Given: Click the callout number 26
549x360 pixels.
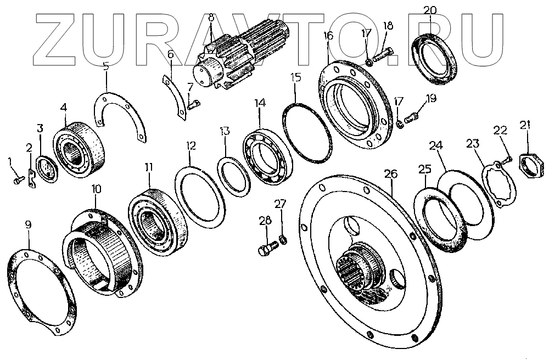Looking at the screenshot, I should pyautogui.click(x=390, y=175).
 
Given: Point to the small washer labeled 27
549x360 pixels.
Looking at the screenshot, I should pyautogui.click(x=282, y=239).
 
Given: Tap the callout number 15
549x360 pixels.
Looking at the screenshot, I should pyautogui.click(x=296, y=77).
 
